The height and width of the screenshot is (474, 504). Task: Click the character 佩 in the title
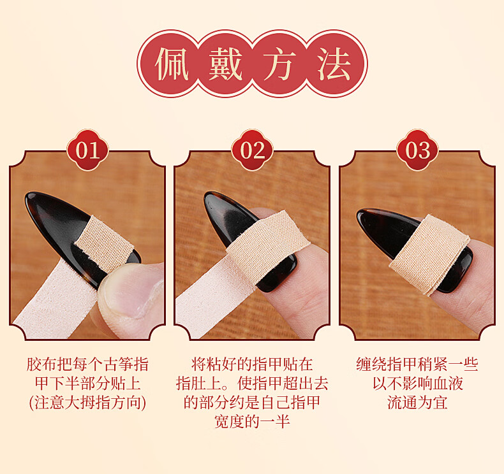coord(172,64)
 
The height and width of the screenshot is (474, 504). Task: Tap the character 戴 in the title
coord(226,64)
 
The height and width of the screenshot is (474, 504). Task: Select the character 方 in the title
coord(279,64)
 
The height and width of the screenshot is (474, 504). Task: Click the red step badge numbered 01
coord(88,150)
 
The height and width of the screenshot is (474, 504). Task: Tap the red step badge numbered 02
coord(253,150)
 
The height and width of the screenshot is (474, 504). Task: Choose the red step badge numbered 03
coord(417,150)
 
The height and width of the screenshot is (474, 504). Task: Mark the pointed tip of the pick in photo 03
coord(359,212)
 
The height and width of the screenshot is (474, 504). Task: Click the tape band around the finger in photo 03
coord(429,254)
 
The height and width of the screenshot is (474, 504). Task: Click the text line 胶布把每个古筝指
coord(87,364)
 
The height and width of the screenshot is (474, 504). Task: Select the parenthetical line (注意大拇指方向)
coord(87,403)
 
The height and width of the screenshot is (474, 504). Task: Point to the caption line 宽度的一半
coord(252,421)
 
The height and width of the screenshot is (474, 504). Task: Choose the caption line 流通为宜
coord(417,403)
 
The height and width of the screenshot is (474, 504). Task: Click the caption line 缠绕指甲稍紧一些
coord(417,364)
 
